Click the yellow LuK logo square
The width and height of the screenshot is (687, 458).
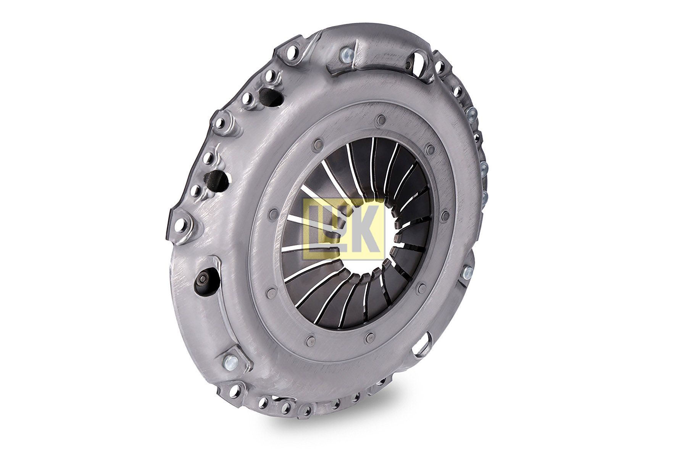(343, 229)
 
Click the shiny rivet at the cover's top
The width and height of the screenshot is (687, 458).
(347, 54)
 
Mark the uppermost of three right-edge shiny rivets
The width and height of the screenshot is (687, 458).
(472, 113)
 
